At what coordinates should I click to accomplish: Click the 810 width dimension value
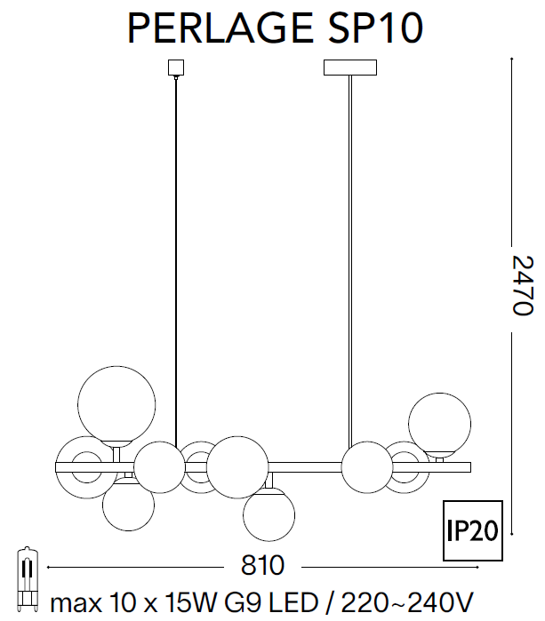tap(262, 566)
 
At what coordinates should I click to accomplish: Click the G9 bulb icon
tap(27, 577)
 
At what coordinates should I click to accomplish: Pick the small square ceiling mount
tap(175, 68)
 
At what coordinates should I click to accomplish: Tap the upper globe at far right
tap(438, 425)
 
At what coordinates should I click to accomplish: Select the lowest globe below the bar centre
tap(270, 514)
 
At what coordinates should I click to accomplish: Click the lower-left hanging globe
tap(128, 506)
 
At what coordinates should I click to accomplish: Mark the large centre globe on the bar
tap(238, 466)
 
